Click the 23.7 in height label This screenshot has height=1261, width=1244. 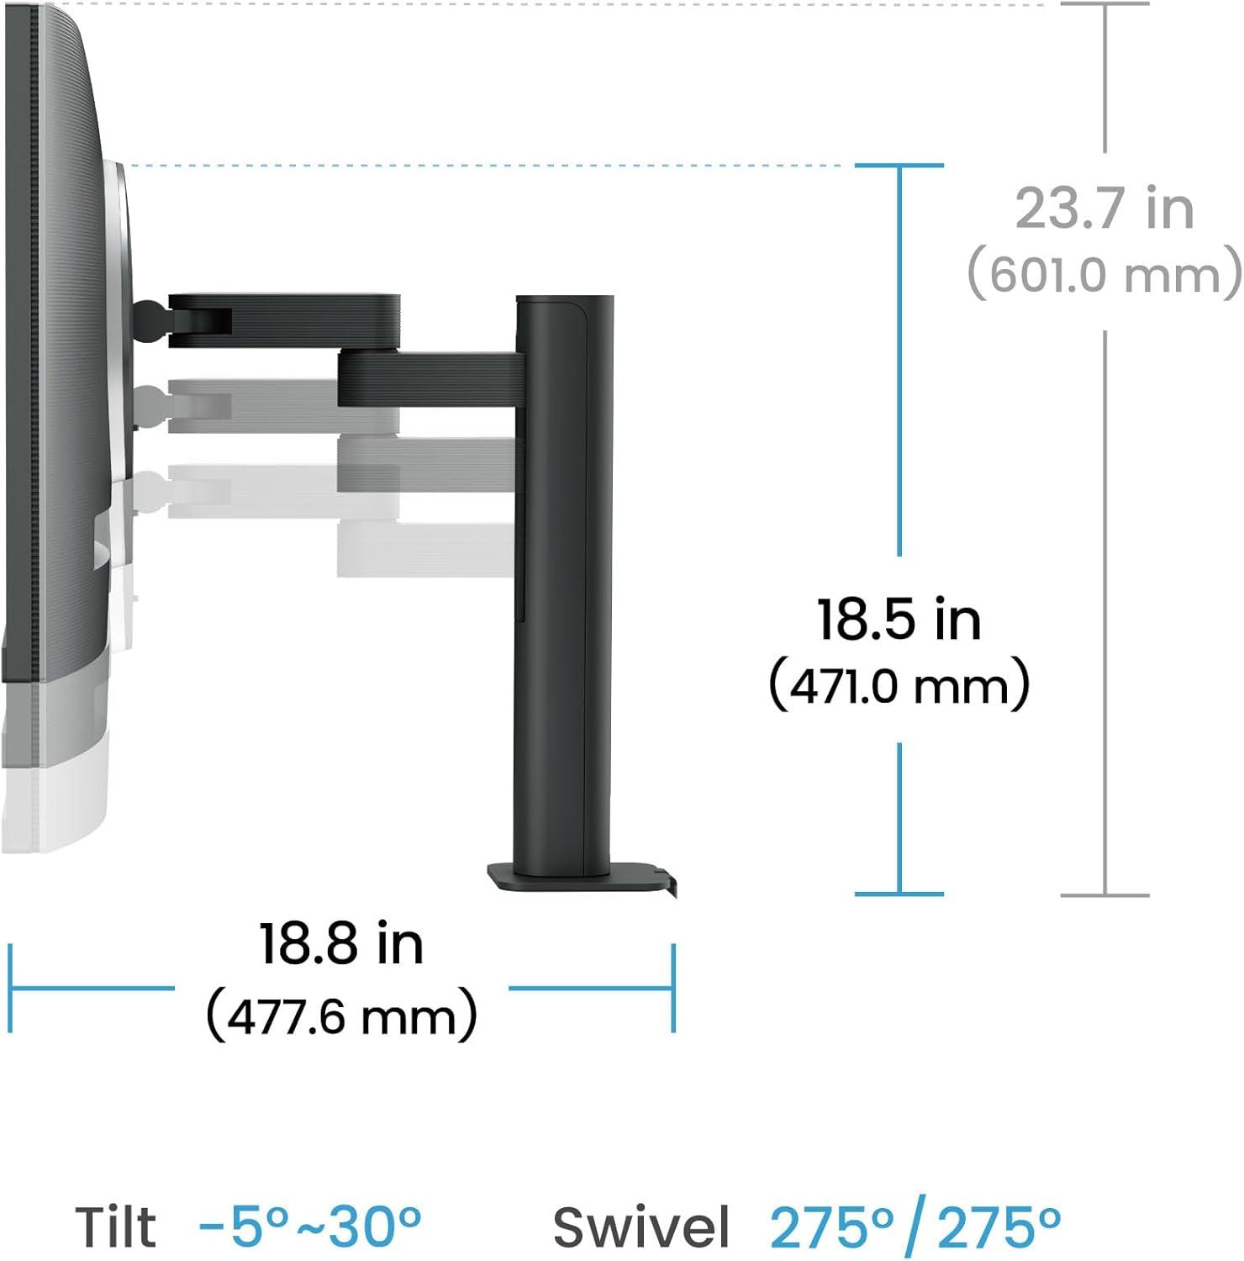point(1104,208)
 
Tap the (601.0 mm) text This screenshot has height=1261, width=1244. point(1104,274)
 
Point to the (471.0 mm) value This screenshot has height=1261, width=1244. point(899,685)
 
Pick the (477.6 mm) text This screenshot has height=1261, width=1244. point(341,1016)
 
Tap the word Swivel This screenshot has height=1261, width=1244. point(641,1227)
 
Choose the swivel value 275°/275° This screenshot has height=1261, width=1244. point(915,1227)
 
